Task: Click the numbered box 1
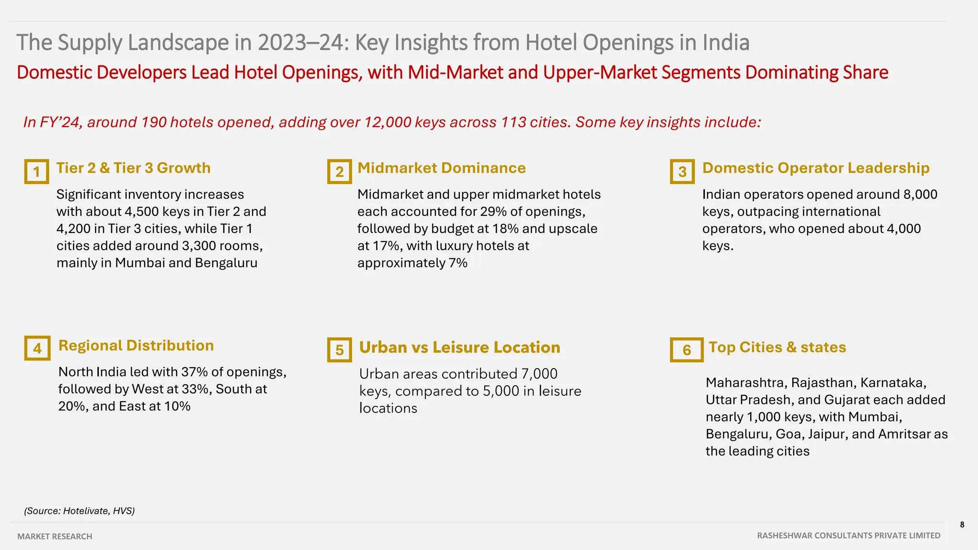(36, 171)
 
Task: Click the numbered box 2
(340, 171)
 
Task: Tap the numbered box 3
(682, 171)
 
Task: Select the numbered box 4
(37, 348)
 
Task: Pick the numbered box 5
(340, 350)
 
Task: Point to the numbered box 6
(687, 350)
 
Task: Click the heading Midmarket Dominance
(441, 168)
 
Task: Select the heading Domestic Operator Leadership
(816, 168)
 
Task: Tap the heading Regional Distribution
(136, 346)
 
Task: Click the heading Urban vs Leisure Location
(459, 348)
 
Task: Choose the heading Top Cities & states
(777, 347)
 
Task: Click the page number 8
(962, 525)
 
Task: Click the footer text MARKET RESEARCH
(55, 537)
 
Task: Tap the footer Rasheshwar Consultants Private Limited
(849, 536)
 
